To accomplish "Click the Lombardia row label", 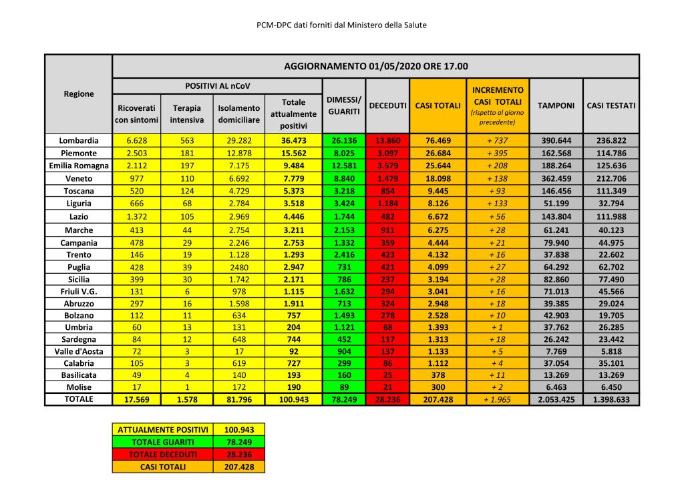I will click(78, 141).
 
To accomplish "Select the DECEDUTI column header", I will click(387, 106).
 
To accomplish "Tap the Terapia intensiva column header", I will click(187, 113).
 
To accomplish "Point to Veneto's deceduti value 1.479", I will click(387, 179).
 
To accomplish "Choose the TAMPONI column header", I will click(556, 105).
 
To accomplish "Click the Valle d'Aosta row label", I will click(78, 351).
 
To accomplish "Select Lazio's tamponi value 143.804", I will click(556, 217).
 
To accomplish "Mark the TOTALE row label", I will click(78, 399).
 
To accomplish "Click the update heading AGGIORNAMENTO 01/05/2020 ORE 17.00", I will click(375, 66).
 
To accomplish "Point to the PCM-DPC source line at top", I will click(341, 25).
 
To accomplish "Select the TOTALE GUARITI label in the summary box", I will click(162, 442).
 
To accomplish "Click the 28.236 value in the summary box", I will click(238, 455).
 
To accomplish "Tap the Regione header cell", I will click(78, 94).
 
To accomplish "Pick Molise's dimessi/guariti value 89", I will click(343, 388).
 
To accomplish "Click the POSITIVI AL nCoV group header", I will click(216, 86).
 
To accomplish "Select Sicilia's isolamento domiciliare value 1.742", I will click(238, 280).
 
